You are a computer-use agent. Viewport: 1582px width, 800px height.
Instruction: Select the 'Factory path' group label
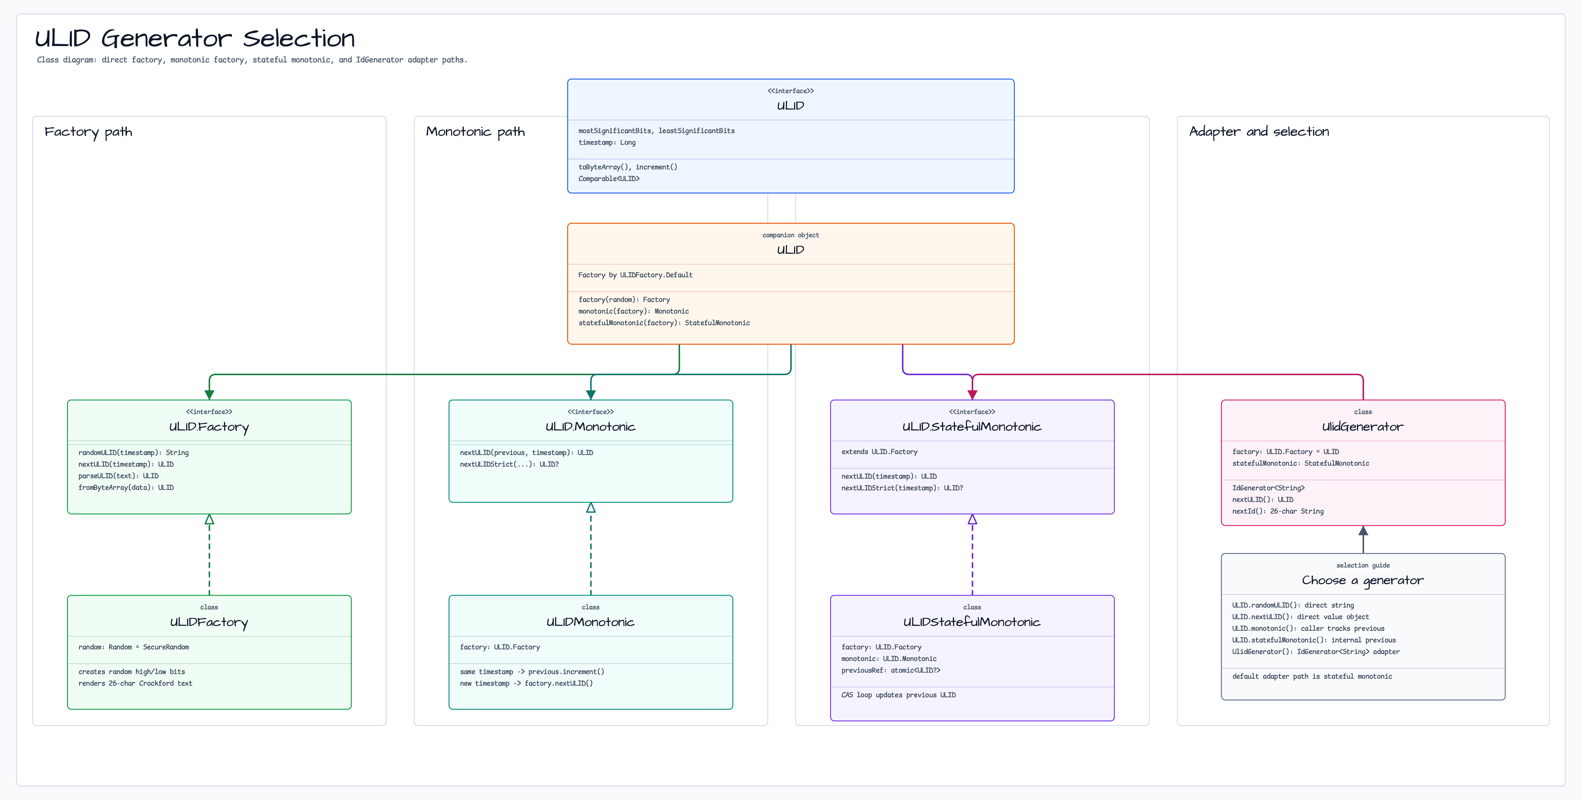(88, 132)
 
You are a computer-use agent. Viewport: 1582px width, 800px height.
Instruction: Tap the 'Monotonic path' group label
(475, 132)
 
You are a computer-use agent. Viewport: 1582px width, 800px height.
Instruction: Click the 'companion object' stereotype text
(790, 235)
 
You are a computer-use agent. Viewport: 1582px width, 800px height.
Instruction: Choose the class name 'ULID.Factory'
(209, 427)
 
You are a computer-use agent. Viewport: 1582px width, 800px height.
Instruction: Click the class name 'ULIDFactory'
(209, 622)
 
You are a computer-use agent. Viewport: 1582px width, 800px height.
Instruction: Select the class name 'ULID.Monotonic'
(590, 427)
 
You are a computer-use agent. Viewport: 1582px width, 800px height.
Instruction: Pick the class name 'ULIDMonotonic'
(590, 622)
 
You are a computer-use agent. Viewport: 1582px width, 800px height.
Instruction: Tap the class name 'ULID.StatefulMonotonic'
(972, 427)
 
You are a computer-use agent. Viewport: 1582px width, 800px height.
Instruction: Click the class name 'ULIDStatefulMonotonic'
(972, 622)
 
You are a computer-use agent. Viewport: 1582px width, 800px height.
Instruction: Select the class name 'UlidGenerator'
(1363, 427)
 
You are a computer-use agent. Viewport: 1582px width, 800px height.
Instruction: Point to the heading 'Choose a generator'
(1363, 580)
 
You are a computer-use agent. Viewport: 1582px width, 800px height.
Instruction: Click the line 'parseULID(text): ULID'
(118, 476)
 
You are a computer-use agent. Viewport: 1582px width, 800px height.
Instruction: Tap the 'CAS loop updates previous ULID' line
(898, 695)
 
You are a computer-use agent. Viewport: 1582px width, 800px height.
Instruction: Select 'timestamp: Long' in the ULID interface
(607, 142)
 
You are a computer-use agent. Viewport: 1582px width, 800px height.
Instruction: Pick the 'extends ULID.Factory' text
(879, 452)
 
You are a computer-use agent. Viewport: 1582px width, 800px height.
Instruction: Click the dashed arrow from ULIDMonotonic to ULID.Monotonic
(591, 549)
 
